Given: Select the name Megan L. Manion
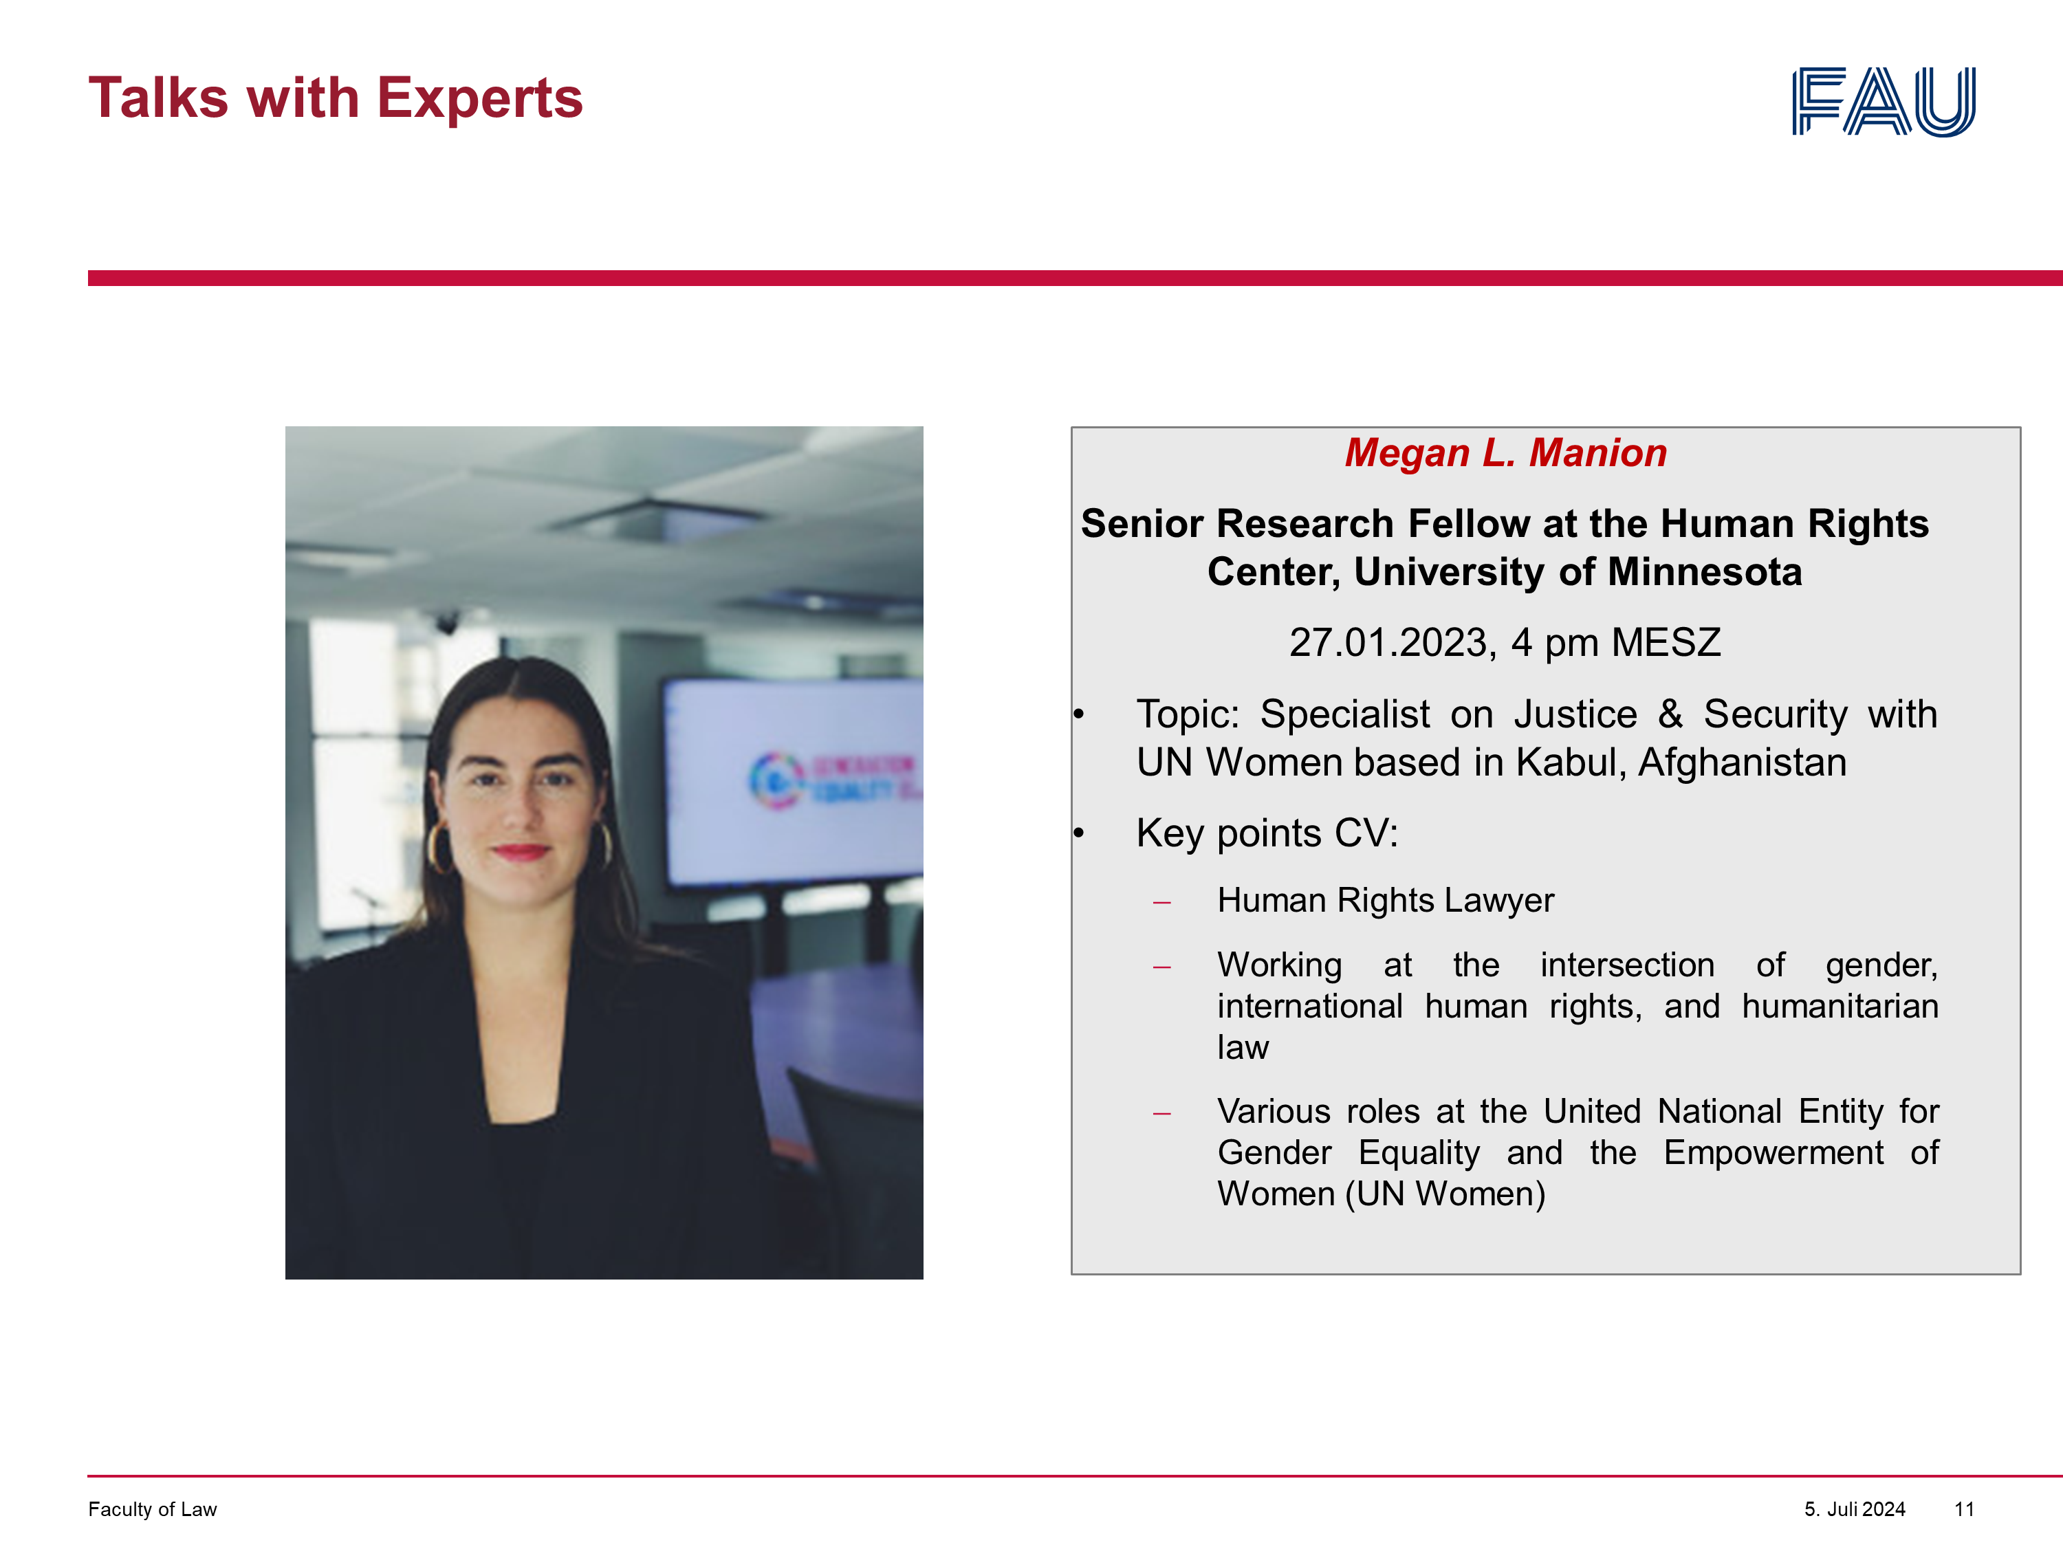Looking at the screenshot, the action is coord(1505,453).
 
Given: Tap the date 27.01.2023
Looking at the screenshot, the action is coord(1393,642).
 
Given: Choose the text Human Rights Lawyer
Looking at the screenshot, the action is coord(1385,901).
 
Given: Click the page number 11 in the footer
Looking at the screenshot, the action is coord(1964,1508).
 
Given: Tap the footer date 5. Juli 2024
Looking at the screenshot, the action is coord(1854,1508).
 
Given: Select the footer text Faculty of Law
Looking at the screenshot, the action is coord(152,1508).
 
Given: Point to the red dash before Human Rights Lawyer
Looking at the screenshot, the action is coord(1161,903).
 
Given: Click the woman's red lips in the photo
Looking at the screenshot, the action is coord(521,851).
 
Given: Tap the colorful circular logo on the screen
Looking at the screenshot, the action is coord(776,778).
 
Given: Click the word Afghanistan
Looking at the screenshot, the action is coord(1742,762).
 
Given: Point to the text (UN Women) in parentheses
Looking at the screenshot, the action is coord(1445,1194).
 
